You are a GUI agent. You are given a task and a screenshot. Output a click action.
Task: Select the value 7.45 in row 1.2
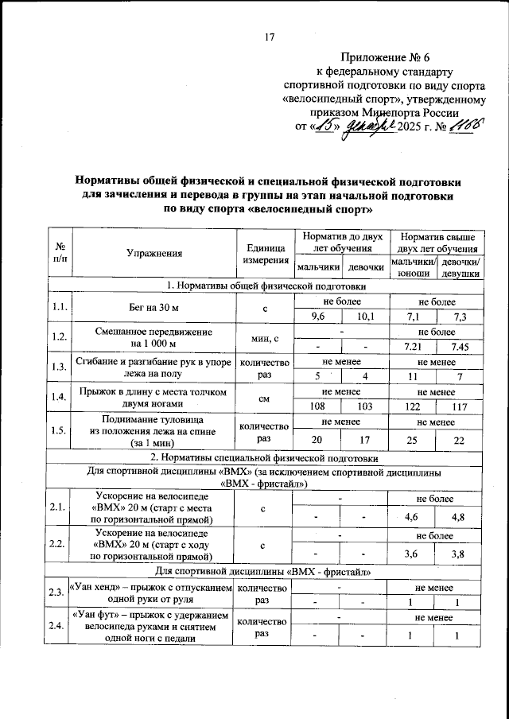tap(460, 346)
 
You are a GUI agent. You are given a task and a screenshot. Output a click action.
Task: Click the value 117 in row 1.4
tap(460, 404)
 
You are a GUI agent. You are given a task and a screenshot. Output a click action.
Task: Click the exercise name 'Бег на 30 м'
tap(151, 310)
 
